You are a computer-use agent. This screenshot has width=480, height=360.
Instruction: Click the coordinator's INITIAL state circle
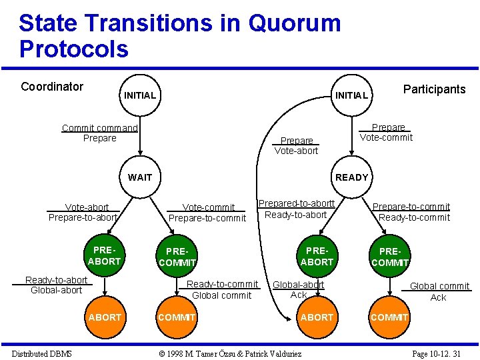click(139, 95)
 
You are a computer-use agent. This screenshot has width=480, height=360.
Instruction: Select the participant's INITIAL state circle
click(351, 95)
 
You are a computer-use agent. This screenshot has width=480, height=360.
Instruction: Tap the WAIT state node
click(139, 177)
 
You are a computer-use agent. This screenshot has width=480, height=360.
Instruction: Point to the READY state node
click(351, 177)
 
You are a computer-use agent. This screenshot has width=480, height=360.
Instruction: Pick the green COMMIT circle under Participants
click(389, 317)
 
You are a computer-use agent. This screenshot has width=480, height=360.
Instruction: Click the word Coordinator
click(52, 87)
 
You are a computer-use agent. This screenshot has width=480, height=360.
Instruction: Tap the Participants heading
click(434, 89)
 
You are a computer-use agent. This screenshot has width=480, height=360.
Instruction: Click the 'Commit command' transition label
click(99, 128)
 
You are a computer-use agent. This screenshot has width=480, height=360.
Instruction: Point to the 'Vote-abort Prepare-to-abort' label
click(83, 213)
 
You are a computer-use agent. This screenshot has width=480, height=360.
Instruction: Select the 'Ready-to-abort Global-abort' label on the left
click(56, 285)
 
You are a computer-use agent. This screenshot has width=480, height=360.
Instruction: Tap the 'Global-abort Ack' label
click(299, 289)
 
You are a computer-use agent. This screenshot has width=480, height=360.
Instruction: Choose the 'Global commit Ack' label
click(439, 291)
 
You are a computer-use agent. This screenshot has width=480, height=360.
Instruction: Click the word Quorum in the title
click(294, 23)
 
